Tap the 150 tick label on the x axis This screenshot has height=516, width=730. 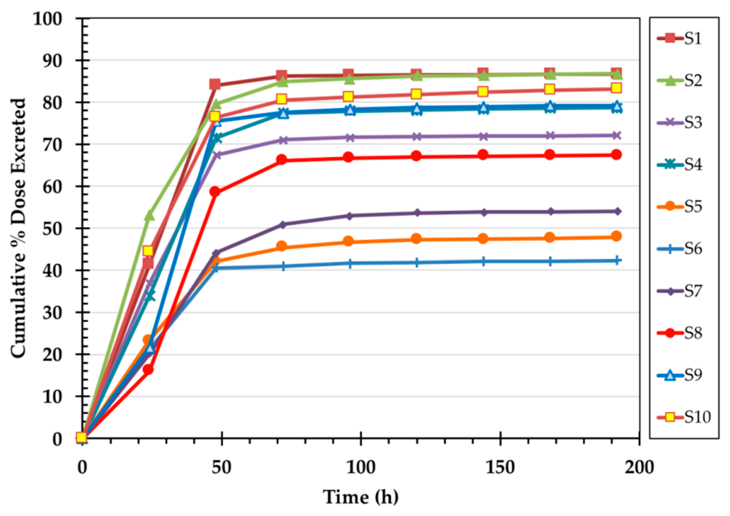click(x=500, y=468)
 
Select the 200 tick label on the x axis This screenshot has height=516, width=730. click(x=639, y=468)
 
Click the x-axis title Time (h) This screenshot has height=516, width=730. click(x=361, y=497)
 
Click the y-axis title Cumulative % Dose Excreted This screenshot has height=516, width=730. click(x=18, y=228)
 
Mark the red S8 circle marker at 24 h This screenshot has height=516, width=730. click(x=148, y=369)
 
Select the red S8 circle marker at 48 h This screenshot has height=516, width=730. click(x=215, y=192)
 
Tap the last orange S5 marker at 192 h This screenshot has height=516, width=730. click(x=616, y=236)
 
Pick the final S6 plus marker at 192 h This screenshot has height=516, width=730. click(x=616, y=261)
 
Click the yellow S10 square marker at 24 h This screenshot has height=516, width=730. click(x=148, y=251)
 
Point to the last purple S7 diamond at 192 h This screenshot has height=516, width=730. click(x=616, y=211)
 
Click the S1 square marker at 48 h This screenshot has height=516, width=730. click(x=215, y=84)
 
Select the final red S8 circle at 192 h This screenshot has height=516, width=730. click(x=616, y=155)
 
